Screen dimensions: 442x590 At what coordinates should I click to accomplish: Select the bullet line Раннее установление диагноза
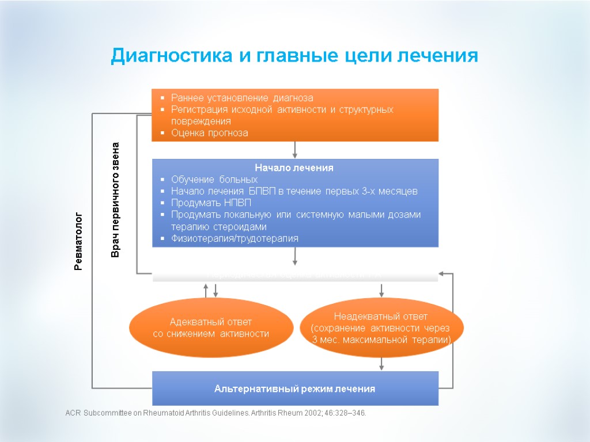point(242,98)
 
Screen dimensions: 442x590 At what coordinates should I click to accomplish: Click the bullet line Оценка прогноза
point(210,133)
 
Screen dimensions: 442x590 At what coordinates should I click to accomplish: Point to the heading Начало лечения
point(294,167)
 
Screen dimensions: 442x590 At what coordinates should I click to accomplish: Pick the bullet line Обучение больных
point(214,180)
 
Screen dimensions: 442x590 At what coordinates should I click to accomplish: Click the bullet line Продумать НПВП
point(211,203)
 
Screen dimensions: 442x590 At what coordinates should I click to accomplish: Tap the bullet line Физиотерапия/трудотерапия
point(235,238)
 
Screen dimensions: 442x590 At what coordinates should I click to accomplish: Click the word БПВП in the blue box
point(263,191)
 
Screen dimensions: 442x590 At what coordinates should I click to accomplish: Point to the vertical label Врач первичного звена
point(115,199)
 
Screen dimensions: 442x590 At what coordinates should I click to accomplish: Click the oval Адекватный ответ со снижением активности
point(211,327)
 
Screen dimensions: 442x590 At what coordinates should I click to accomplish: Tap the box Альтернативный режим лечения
point(294,388)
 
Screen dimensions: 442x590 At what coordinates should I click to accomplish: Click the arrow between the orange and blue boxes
point(295,150)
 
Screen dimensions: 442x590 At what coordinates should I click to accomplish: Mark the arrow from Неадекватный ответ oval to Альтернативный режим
point(381,364)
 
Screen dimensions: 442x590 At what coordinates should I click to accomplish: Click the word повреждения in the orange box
point(201,121)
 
